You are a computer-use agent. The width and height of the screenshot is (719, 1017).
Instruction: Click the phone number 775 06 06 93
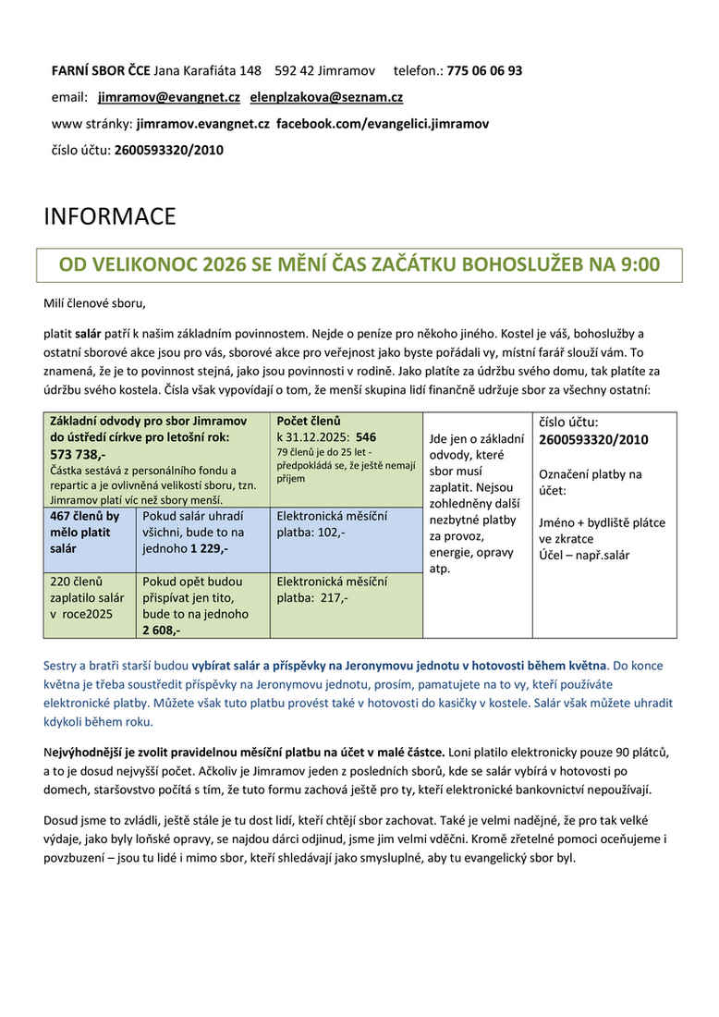pyautogui.click(x=484, y=70)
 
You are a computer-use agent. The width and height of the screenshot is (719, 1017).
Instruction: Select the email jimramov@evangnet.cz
pyautogui.click(x=169, y=96)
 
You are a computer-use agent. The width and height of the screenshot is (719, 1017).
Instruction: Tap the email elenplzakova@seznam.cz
pyautogui.click(x=326, y=96)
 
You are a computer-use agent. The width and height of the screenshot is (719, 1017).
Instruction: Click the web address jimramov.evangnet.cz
pyautogui.click(x=202, y=123)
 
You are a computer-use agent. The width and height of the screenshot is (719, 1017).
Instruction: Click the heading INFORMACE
pyautogui.click(x=109, y=217)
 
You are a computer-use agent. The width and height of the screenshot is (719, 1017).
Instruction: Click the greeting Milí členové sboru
pyautogui.click(x=95, y=302)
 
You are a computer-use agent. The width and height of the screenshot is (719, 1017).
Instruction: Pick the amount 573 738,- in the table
pyautogui.click(x=78, y=455)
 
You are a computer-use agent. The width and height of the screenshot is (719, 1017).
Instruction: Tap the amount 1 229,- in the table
pyautogui.click(x=210, y=548)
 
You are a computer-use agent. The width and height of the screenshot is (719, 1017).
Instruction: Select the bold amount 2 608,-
pyautogui.click(x=162, y=631)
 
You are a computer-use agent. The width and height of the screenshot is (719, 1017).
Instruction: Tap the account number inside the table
pyautogui.click(x=593, y=439)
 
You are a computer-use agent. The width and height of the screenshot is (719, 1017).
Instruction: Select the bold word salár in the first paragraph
pyautogui.click(x=88, y=333)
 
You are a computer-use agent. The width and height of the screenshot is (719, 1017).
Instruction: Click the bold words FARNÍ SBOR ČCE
pyautogui.click(x=100, y=70)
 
